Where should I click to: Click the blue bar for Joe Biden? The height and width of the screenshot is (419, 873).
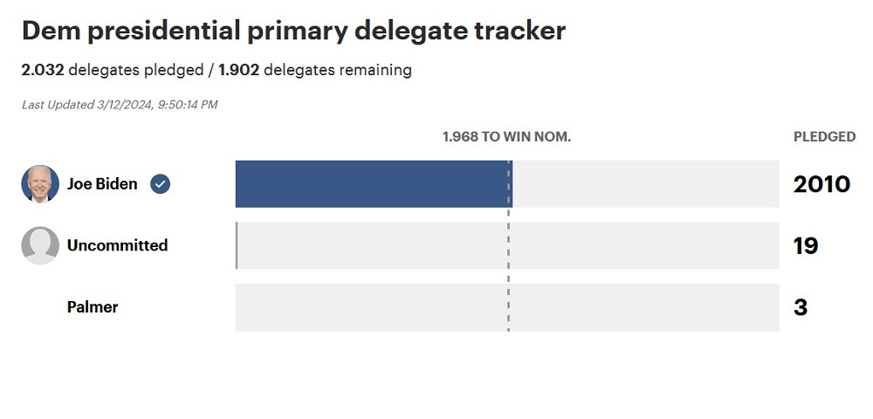373,183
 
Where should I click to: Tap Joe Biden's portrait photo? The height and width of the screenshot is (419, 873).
40,184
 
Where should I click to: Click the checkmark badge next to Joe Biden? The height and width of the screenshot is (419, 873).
161,184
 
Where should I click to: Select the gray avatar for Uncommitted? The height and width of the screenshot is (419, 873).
40,245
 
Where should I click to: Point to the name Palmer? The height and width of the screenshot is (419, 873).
93,307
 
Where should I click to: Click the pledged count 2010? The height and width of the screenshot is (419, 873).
821,184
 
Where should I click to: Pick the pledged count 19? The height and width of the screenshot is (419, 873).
806,246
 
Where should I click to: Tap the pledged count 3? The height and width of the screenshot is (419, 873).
801,307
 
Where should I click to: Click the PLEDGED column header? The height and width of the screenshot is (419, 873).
824,137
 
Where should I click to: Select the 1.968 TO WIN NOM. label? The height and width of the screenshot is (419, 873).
506,137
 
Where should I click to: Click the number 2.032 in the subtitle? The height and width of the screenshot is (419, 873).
43,70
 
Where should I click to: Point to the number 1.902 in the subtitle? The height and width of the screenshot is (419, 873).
239,70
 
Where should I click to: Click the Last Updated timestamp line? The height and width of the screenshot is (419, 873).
120,105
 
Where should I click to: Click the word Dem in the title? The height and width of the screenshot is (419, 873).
49,31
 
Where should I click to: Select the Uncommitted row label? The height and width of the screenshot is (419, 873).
117,245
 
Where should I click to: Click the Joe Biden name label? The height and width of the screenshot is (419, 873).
102,184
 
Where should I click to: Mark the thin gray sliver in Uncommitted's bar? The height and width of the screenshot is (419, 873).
237,245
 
